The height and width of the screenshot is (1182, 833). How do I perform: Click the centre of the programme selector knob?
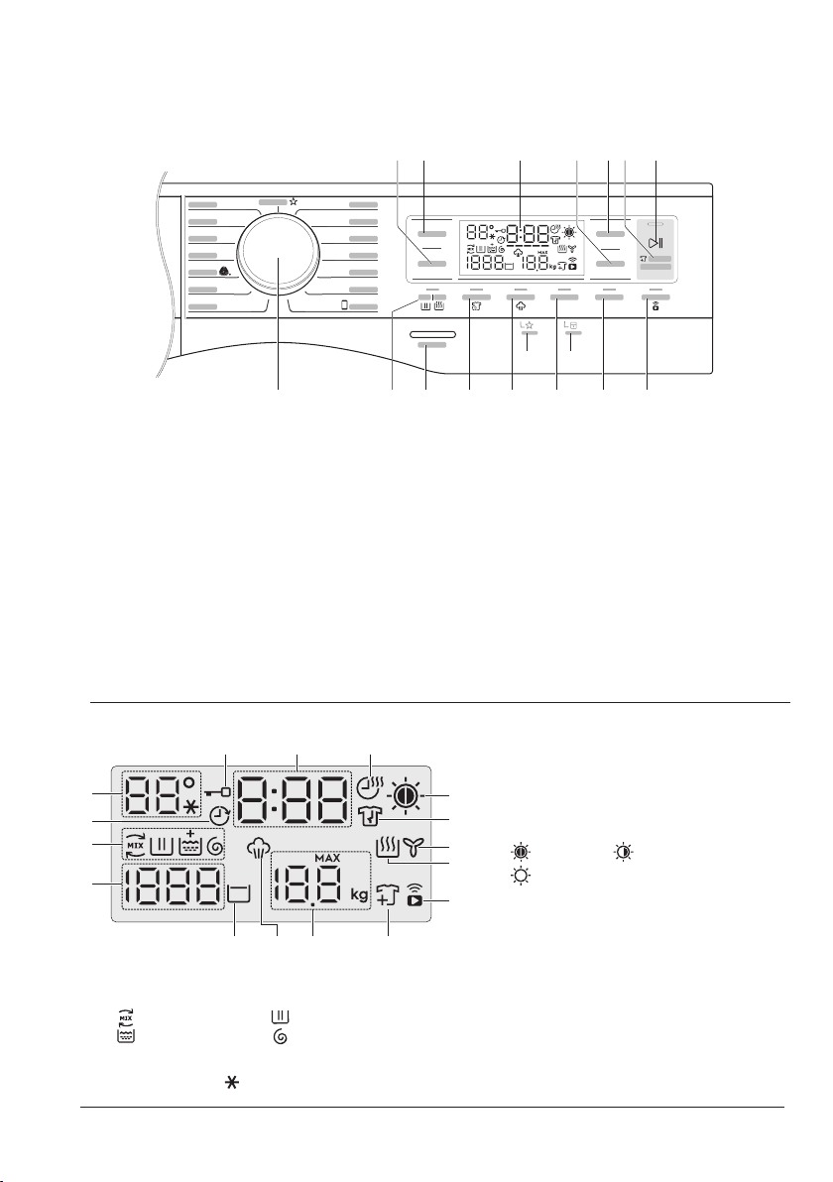coord(279,257)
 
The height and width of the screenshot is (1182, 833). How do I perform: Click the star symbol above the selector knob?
coord(294,201)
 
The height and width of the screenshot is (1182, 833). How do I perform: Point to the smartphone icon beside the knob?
coord(344,305)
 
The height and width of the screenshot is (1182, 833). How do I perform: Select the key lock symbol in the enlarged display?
coord(216,793)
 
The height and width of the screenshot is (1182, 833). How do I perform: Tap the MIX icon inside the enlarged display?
coord(135,846)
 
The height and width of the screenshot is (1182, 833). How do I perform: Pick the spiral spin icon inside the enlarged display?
coord(214,847)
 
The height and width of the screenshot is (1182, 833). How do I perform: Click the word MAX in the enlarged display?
coord(328,860)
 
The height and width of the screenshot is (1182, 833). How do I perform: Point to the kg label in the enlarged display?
coord(360,894)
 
